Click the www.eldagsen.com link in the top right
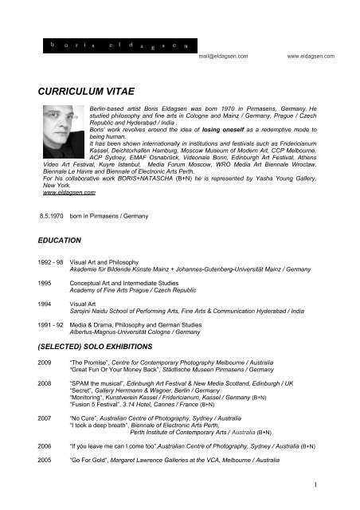click(x=311, y=57)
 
